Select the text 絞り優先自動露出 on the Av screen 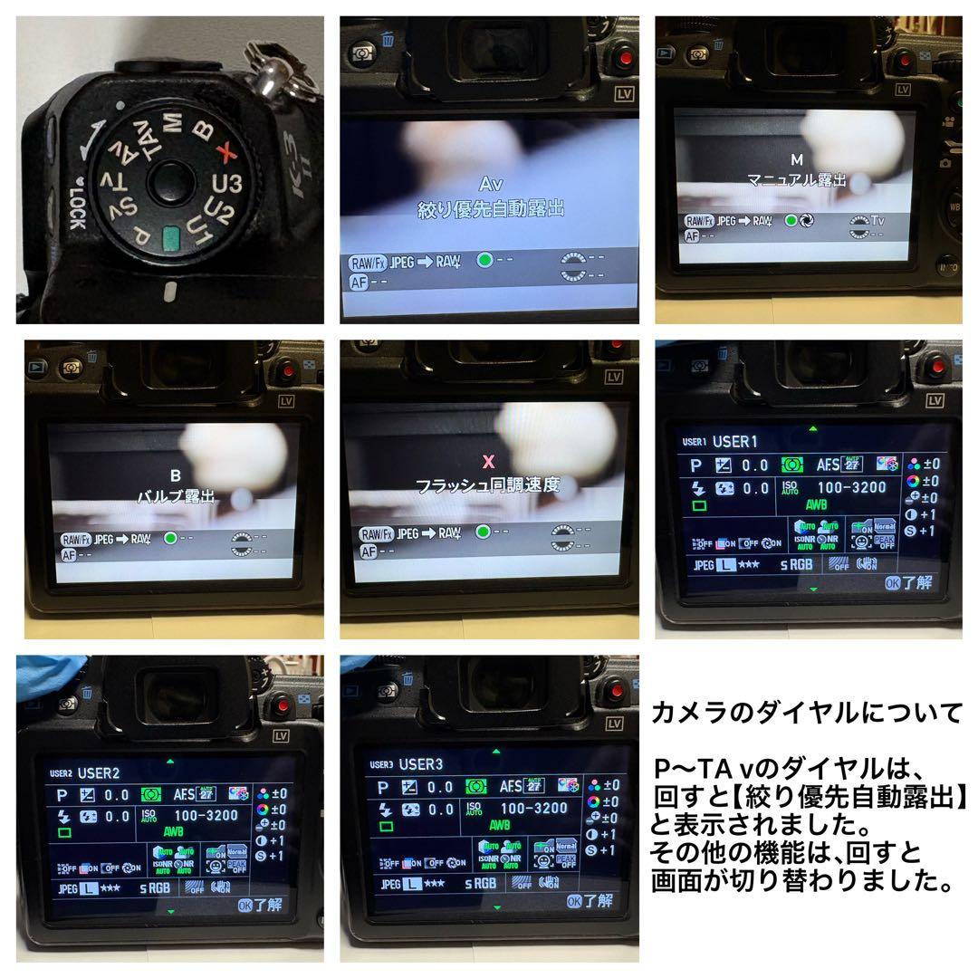[490, 209]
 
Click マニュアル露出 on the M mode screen [797, 180]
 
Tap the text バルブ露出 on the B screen [176, 496]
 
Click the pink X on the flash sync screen [489, 461]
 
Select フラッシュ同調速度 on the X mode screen [488, 485]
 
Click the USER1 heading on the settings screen [734, 442]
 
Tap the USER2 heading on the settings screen [98, 772]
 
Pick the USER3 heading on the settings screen [419, 764]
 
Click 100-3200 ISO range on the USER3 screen [533, 808]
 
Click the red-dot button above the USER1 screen [932, 369]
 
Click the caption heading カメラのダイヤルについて [807, 714]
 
